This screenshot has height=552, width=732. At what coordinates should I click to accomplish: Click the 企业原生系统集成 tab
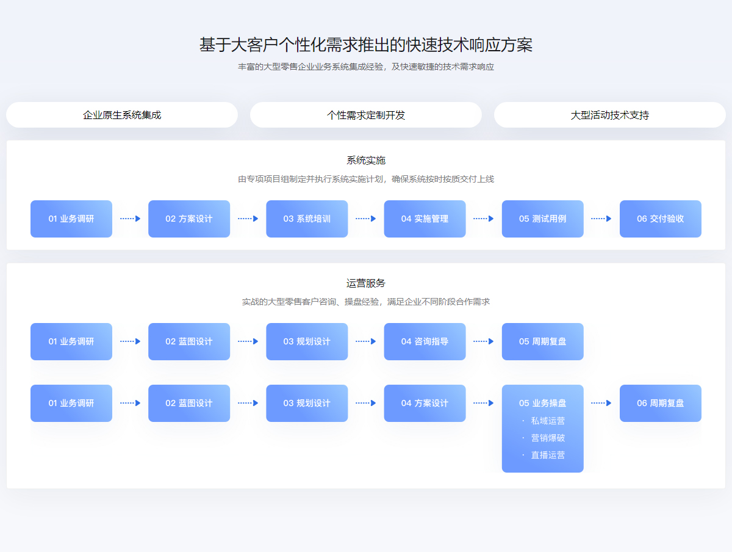tap(122, 115)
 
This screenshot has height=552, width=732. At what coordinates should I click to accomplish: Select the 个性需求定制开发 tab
tap(366, 115)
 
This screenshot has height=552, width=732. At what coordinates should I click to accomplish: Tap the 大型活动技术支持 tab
tap(609, 115)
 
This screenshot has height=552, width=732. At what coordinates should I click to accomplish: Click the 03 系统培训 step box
tap(307, 219)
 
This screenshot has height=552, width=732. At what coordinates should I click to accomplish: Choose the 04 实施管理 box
tap(425, 219)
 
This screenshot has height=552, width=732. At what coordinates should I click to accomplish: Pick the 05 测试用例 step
tap(542, 219)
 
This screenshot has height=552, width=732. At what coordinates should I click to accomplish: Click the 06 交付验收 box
tap(660, 219)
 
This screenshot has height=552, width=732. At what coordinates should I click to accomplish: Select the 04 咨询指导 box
tap(425, 341)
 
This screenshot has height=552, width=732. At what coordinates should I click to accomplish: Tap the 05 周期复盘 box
tap(542, 341)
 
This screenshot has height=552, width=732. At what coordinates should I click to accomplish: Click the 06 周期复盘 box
tap(660, 403)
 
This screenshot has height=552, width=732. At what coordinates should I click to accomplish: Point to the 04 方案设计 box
tap(425, 403)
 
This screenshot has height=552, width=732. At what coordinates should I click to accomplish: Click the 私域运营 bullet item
tap(548, 421)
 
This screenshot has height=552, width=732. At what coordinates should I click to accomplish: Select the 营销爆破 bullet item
tap(548, 438)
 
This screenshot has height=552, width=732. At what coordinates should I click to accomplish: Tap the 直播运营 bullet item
tap(548, 455)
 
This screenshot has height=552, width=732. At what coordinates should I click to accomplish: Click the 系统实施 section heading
tap(366, 160)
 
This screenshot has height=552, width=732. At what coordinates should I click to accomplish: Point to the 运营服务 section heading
tap(366, 283)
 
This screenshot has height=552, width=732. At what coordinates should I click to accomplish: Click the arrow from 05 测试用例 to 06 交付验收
tap(601, 219)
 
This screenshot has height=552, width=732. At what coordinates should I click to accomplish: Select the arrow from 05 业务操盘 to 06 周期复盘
tap(601, 403)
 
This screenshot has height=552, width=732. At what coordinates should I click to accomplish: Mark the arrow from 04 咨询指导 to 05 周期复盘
tap(484, 341)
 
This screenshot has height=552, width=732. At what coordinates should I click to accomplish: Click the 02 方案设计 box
tap(189, 219)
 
